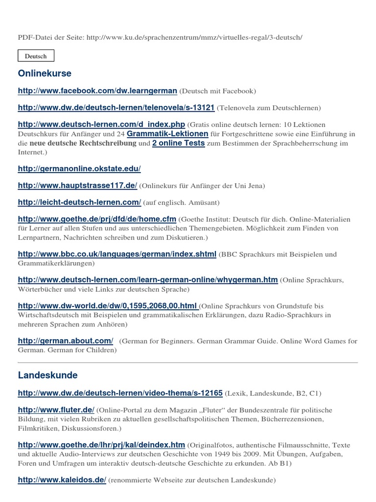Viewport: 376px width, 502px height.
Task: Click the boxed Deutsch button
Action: click(36, 56)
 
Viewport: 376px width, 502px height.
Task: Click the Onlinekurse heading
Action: click(45, 74)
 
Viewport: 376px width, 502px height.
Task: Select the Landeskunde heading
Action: click(47, 376)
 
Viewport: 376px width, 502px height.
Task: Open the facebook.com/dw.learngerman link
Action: click(97, 91)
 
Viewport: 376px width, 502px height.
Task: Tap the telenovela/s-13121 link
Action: click(116, 107)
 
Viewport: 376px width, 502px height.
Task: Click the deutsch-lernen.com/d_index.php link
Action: click(101, 125)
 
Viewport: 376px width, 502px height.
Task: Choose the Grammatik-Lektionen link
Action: click(167, 133)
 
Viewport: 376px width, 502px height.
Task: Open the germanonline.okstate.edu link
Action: click(79, 169)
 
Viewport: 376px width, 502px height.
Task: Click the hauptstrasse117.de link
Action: click(77, 186)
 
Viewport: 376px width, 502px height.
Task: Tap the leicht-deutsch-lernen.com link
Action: click(79, 202)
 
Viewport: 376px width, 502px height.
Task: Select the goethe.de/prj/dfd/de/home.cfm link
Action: click(97, 219)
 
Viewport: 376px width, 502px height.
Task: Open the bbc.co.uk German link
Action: click(117, 254)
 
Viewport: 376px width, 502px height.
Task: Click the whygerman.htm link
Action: click(147, 279)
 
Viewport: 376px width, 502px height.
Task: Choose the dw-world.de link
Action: click(108, 306)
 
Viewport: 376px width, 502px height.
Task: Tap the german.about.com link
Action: click(66, 341)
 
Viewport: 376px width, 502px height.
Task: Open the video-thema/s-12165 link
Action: click(120, 393)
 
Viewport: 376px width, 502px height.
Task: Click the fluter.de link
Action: click(56, 410)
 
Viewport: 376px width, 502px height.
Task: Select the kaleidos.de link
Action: click(62, 480)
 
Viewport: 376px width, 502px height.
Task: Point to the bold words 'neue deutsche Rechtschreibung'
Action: click(83, 144)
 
